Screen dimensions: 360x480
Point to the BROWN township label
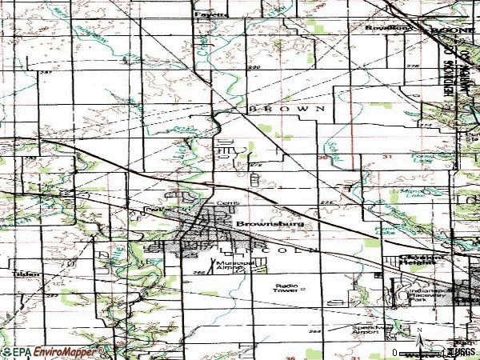pyautogui.click(x=286, y=107)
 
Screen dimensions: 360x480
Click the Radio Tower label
pyautogui.click(x=290, y=287)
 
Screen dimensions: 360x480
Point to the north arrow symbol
pyautogui.click(x=418, y=330)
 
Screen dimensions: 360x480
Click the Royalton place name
pyautogui.click(x=381, y=27)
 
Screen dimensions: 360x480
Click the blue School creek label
pyautogui.click(x=333, y=149)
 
